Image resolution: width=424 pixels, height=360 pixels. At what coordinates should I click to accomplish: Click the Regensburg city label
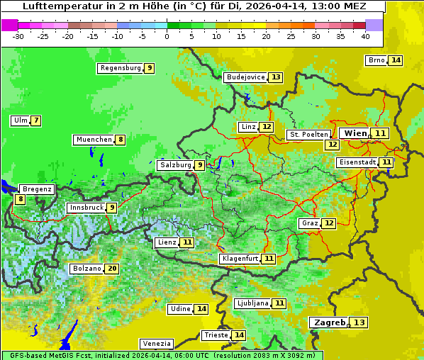tap(120, 68)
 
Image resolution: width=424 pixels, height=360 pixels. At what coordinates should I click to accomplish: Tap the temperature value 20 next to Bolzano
tap(112, 269)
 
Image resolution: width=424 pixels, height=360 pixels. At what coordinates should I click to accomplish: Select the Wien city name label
tap(355, 133)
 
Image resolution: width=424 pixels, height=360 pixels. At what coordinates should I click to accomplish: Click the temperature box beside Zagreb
tap(360, 322)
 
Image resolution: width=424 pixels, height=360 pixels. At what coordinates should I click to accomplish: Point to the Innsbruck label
tap(85, 208)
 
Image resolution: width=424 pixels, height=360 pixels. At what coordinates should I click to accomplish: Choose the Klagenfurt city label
tap(240, 259)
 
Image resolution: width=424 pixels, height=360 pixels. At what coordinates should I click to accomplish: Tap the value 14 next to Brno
tap(396, 60)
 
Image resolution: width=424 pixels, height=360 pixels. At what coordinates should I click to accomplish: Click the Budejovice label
tap(246, 77)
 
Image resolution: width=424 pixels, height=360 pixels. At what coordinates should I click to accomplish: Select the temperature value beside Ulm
tap(35, 120)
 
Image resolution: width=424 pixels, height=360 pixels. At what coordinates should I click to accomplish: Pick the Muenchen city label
tap(94, 140)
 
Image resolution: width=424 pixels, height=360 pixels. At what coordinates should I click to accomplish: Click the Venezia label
tap(156, 343)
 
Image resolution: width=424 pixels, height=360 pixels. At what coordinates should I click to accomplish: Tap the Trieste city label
tap(216, 335)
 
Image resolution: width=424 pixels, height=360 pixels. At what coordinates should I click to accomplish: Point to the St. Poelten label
tap(308, 134)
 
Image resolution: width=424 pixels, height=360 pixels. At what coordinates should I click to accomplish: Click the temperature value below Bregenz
tap(20, 200)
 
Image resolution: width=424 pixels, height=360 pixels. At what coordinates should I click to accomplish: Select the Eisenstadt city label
tap(357, 162)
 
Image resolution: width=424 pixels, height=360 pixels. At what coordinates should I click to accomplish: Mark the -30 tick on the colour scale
tap(18, 36)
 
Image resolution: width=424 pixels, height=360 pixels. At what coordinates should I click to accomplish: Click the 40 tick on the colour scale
tap(365, 36)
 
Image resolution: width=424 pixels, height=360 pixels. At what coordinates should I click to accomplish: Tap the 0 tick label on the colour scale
tap(167, 36)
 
